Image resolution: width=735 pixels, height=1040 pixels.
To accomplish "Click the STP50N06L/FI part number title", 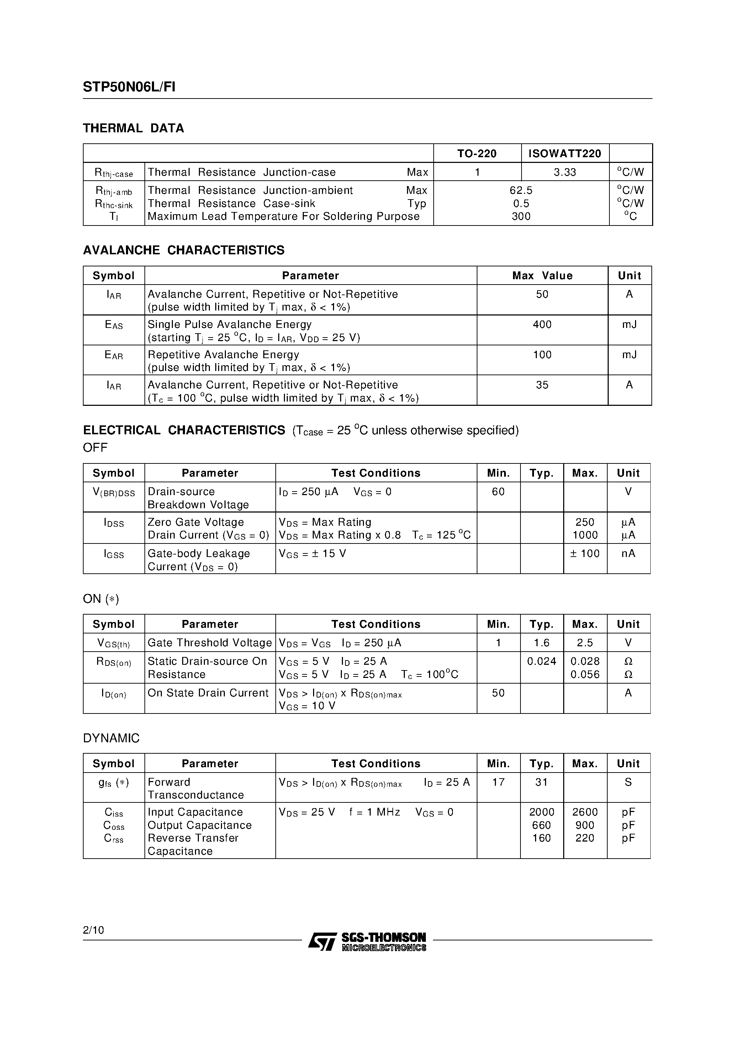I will (x=129, y=87).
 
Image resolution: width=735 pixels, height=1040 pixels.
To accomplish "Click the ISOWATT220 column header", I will (x=565, y=154).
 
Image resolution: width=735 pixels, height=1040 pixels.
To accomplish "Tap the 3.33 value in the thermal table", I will (x=565, y=172).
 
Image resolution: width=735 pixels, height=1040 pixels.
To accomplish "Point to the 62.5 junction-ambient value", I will (x=521, y=190).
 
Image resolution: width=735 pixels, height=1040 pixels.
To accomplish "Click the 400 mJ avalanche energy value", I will (x=542, y=325).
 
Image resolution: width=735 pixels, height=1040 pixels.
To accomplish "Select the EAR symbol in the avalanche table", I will (x=114, y=355).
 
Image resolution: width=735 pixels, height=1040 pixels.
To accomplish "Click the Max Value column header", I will (x=542, y=275).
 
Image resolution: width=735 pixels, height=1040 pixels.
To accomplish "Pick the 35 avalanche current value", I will (x=542, y=385).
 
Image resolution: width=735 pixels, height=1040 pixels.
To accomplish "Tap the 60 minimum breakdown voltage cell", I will (x=498, y=492).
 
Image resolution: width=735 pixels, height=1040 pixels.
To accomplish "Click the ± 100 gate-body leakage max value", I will (x=585, y=553).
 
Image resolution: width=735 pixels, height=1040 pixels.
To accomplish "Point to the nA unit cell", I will (x=628, y=553).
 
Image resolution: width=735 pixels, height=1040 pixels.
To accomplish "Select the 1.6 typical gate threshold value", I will (x=541, y=643).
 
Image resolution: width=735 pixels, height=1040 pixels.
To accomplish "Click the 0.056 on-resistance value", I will (x=585, y=674).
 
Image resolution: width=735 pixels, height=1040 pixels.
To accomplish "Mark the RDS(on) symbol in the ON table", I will (x=114, y=662).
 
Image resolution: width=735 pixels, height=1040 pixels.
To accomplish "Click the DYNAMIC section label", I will (x=111, y=738).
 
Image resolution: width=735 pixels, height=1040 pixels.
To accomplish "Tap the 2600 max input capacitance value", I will (x=585, y=812).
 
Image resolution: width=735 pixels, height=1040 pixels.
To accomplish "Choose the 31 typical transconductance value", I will (x=541, y=782).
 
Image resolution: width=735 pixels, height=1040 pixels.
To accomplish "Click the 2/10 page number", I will (x=93, y=930).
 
